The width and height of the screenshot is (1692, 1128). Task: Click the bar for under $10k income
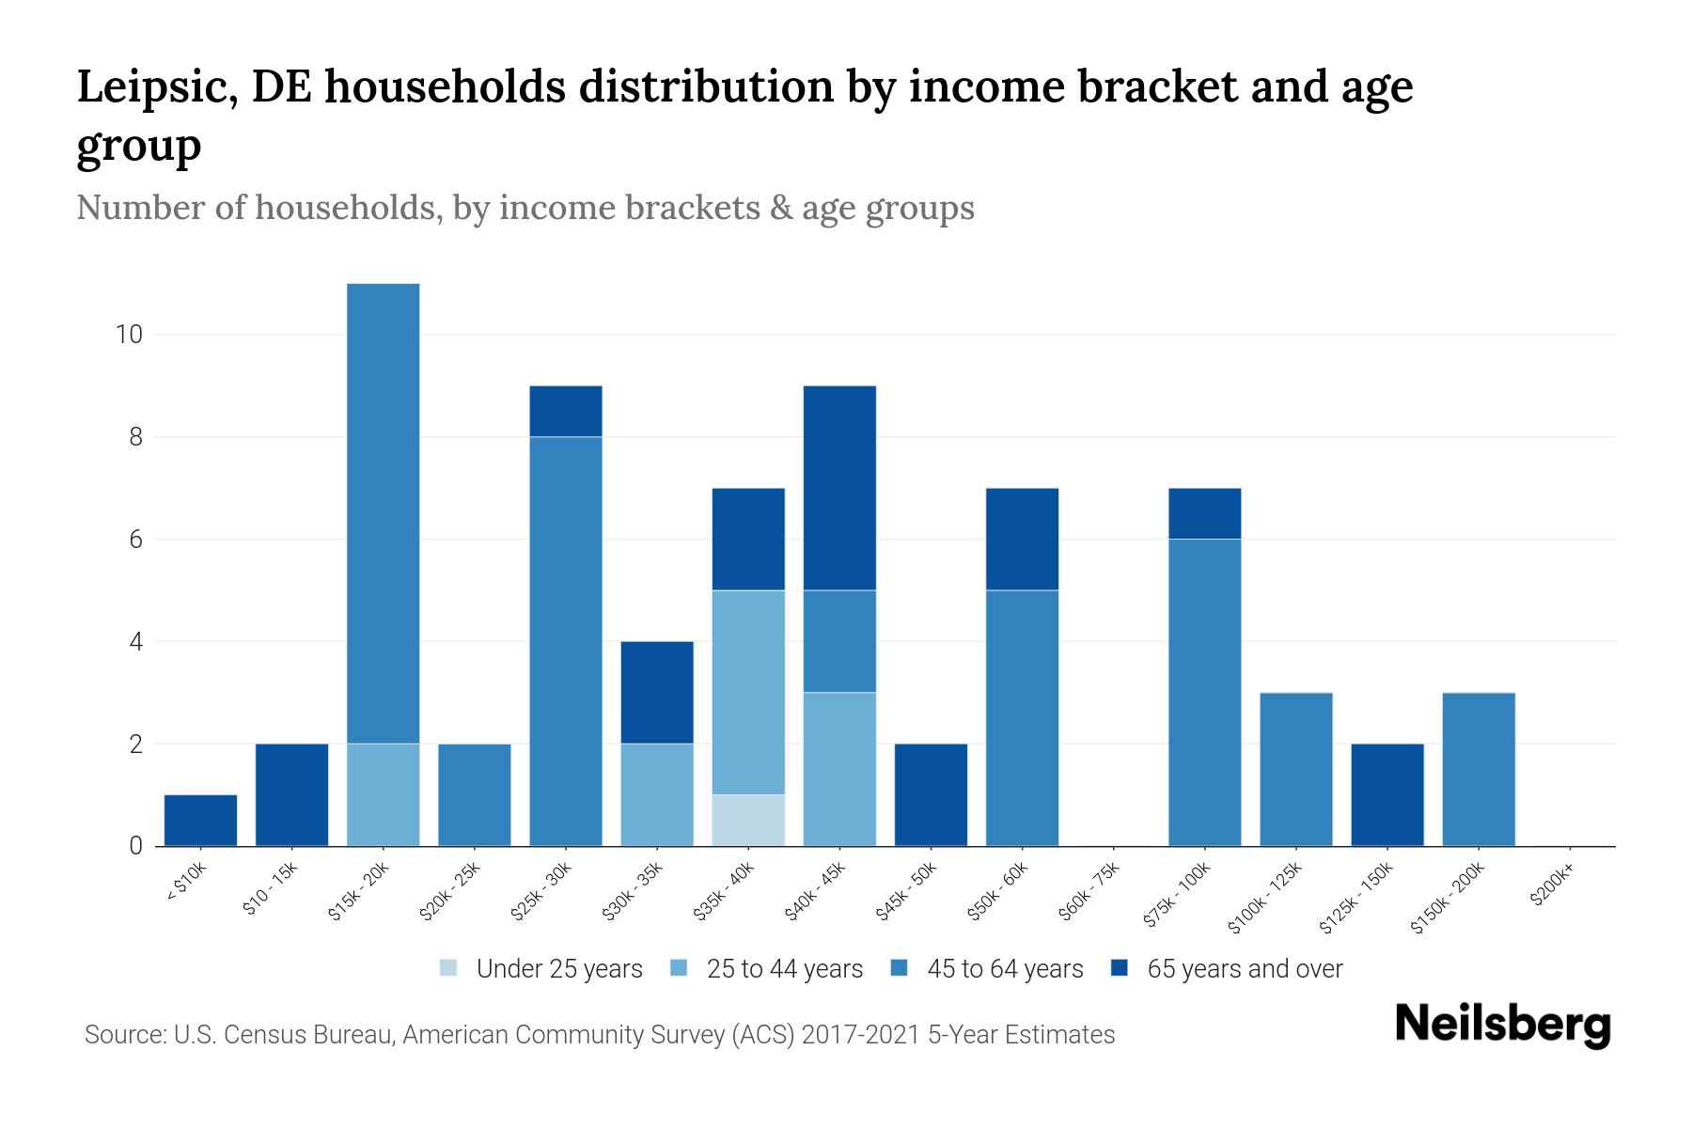(200, 821)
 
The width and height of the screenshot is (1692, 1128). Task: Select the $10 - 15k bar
(291, 795)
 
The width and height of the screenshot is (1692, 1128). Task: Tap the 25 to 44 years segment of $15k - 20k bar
(384, 795)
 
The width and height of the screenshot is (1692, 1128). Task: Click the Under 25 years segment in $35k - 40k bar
(748, 821)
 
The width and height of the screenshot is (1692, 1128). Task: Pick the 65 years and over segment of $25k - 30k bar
(566, 412)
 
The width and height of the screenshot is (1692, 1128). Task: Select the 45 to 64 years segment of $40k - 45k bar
(839, 641)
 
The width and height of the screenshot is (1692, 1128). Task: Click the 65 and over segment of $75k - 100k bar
(1204, 514)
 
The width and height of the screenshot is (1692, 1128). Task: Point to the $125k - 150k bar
(1386, 795)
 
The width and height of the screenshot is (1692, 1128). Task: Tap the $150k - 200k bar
(1478, 770)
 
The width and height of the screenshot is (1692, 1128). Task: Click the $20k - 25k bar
(475, 795)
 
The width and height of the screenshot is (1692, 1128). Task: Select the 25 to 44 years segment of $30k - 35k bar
(657, 795)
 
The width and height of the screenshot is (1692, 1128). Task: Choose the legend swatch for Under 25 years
(449, 968)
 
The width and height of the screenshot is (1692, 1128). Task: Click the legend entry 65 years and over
(1244, 968)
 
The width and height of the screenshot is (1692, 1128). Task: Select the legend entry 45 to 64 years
(1004, 968)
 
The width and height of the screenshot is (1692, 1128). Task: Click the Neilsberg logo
(1502, 1025)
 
